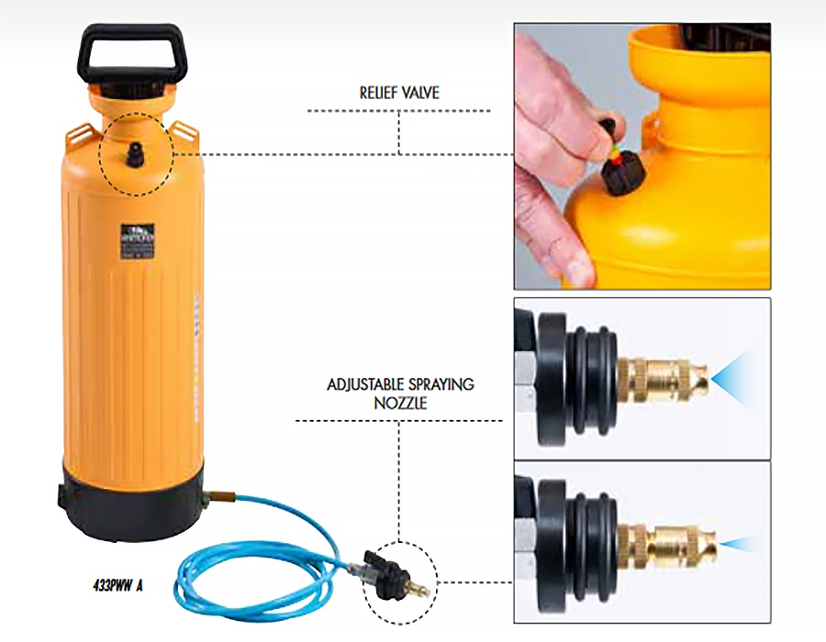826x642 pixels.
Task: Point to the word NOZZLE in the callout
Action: click(400, 402)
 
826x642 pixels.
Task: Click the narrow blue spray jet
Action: click(739, 543)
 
